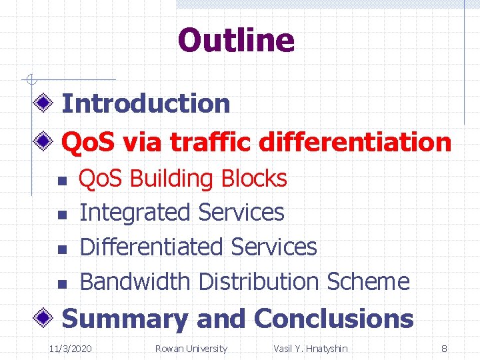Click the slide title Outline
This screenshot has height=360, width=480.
pos(236,40)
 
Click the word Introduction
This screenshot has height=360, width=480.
pos(145,103)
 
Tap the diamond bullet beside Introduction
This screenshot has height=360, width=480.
pos(45,103)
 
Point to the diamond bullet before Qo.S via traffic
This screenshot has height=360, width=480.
pos(45,141)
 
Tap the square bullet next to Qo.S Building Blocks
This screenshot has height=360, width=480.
pos(59,181)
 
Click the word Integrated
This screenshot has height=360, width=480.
pos(135,213)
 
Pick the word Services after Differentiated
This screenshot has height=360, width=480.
pos(273,247)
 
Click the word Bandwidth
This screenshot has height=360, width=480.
pos(135,281)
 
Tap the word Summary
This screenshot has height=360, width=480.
pos(125,319)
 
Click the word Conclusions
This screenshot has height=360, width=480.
pos(333,319)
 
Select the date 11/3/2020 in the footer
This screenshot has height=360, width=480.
pos(71,349)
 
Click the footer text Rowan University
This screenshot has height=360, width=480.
pos(191,349)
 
